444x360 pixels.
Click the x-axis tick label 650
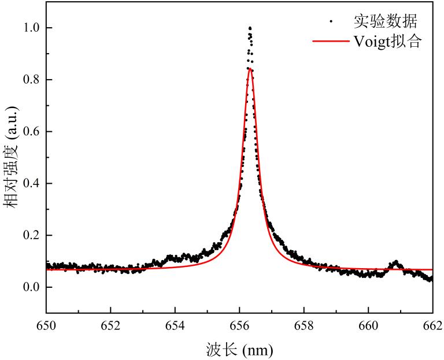(x=46, y=325)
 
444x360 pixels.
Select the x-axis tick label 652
(x=110, y=325)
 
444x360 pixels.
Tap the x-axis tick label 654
(x=175, y=325)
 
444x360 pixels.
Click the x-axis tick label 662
(x=432, y=325)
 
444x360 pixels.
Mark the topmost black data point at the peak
(x=250, y=27)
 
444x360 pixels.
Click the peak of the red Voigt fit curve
(x=250, y=68)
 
